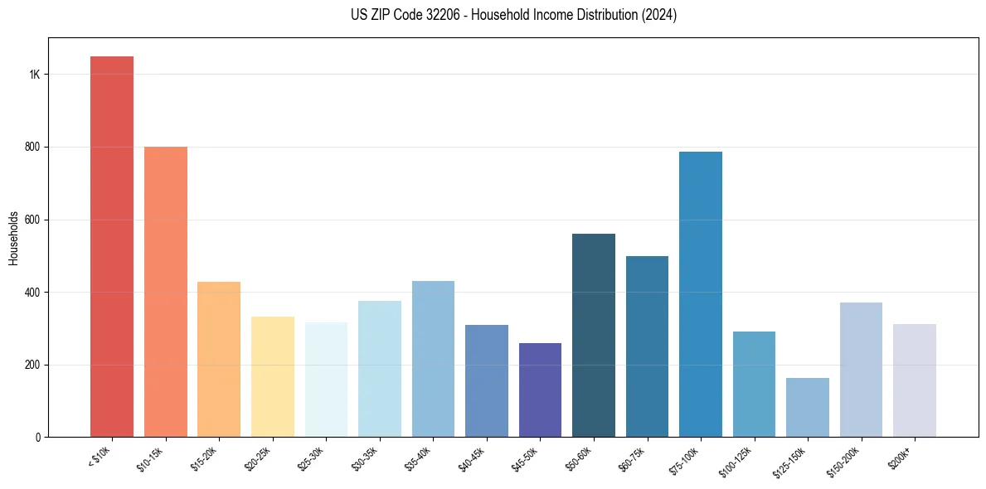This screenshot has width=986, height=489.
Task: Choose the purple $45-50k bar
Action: (x=540, y=390)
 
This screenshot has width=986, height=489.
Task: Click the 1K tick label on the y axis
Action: (x=34, y=75)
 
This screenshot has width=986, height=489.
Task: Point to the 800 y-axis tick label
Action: (x=32, y=148)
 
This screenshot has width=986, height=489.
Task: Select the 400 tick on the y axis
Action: (x=32, y=293)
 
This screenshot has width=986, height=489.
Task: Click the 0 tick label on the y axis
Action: (x=37, y=438)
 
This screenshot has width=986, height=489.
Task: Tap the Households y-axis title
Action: (x=13, y=238)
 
